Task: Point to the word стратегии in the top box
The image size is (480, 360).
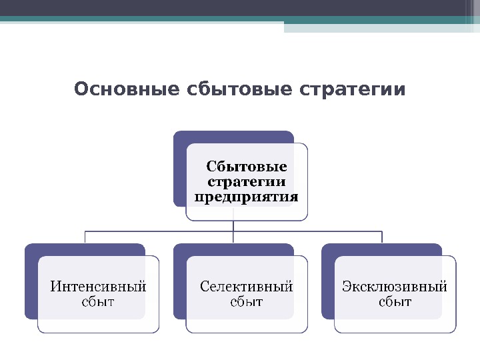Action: [247, 181]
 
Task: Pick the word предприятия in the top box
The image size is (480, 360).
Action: [247, 197]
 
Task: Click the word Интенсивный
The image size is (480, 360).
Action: [99, 287]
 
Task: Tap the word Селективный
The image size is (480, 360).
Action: [247, 287]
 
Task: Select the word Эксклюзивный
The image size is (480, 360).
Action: [395, 287]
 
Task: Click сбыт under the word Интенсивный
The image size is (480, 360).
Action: [99, 302]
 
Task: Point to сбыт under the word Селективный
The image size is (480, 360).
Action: [247, 302]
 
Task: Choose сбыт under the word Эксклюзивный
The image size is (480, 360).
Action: [395, 302]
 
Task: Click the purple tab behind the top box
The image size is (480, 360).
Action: [179, 167]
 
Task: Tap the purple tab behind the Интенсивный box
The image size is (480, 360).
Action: [31, 280]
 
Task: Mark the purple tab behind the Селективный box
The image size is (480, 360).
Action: [179, 280]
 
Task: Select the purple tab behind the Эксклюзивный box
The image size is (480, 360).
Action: [327, 280]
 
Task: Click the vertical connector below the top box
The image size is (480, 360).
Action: [233, 227]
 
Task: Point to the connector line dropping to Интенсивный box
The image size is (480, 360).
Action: [85, 237]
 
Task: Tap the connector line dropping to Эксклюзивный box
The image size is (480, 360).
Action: [382, 237]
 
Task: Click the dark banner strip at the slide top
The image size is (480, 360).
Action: [240, 8]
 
